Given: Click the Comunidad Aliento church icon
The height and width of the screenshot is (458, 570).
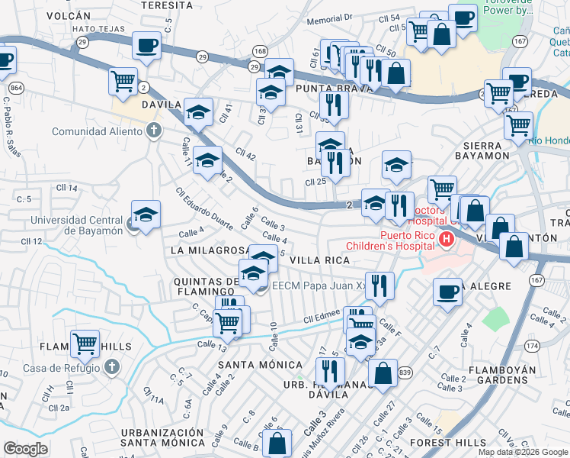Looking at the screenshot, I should pyautogui.click(x=154, y=131).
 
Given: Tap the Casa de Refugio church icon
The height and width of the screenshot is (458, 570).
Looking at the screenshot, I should pyautogui.click(x=111, y=367).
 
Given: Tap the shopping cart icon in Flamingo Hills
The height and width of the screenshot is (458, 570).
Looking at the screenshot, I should pyautogui.click(x=85, y=343).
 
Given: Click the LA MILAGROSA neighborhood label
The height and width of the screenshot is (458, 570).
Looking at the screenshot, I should pyautogui.click(x=210, y=250).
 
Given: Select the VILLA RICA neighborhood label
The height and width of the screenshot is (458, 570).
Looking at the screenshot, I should pyautogui.click(x=319, y=260).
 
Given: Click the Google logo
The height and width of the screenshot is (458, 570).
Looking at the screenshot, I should pyautogui.click(x=26, y=448).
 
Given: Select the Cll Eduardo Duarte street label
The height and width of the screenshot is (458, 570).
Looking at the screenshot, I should pyautogui.click(x=203, y=209).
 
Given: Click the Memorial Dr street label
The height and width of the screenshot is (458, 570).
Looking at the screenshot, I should pyautogui.click(x=331, y=18).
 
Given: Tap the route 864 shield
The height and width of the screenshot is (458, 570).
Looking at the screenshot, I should pyautogui.click(x=17, y=89).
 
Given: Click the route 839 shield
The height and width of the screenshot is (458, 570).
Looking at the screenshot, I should pyautogui.click(x=404, y=372).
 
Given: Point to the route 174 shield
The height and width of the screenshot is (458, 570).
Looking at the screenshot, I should pyautogui.click(x=552, y=346).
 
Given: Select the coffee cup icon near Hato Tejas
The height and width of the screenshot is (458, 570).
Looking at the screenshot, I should pyautogui.click(x=146, y=44).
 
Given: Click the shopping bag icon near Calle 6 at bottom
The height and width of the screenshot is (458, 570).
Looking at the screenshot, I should pyautogui.click(x=278, y=442).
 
